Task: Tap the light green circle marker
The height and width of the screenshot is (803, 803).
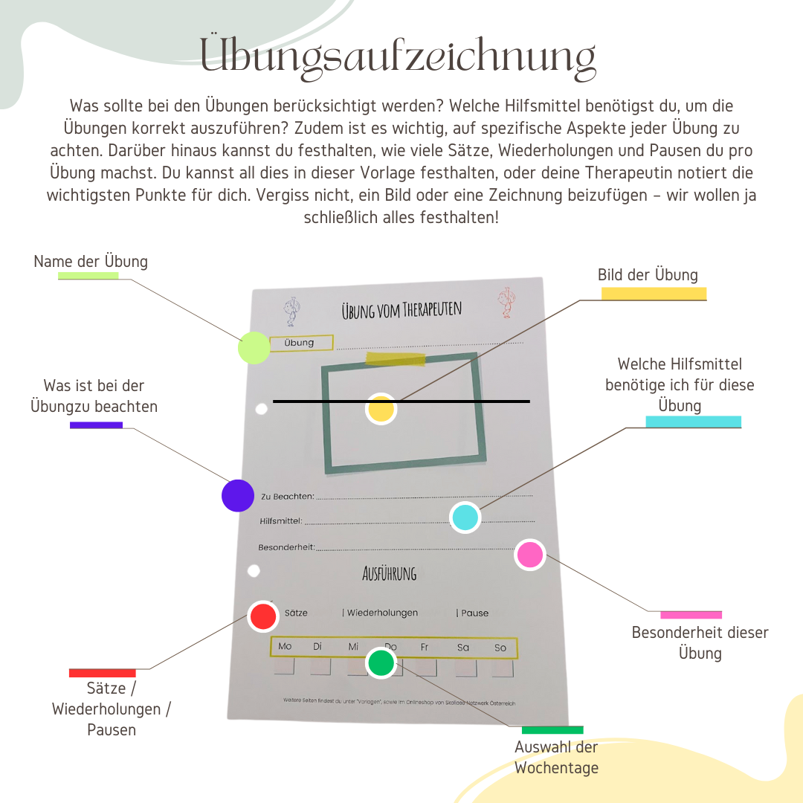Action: (254, 348)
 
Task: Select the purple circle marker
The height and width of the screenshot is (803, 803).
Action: (238, 495)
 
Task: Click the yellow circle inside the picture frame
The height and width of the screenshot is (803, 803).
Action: (381, 409)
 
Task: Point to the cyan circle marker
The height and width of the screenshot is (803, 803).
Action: (465, 517)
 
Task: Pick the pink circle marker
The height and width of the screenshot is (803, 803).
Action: (530, 555)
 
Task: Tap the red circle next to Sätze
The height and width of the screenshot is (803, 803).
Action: (262, 616)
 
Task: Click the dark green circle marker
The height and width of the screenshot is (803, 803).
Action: (381, 662)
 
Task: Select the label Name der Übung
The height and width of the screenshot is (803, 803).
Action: (91, 262)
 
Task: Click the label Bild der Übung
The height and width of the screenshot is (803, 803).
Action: (648, 275)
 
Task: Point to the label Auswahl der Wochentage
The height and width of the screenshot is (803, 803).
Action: (556, 758)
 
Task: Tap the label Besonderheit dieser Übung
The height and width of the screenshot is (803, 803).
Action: (700, 643)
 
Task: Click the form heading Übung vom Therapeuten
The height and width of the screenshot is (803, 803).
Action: (401, 310)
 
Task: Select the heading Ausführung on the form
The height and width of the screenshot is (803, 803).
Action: (389, 573)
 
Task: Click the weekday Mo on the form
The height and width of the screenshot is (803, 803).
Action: (285, 647)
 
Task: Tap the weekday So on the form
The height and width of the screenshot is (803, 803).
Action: (500, 648)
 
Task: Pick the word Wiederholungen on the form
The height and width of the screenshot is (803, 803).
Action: (382, 613)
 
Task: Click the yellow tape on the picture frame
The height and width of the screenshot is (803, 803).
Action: (396, 359)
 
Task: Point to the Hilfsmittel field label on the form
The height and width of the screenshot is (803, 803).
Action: (281, 521)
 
